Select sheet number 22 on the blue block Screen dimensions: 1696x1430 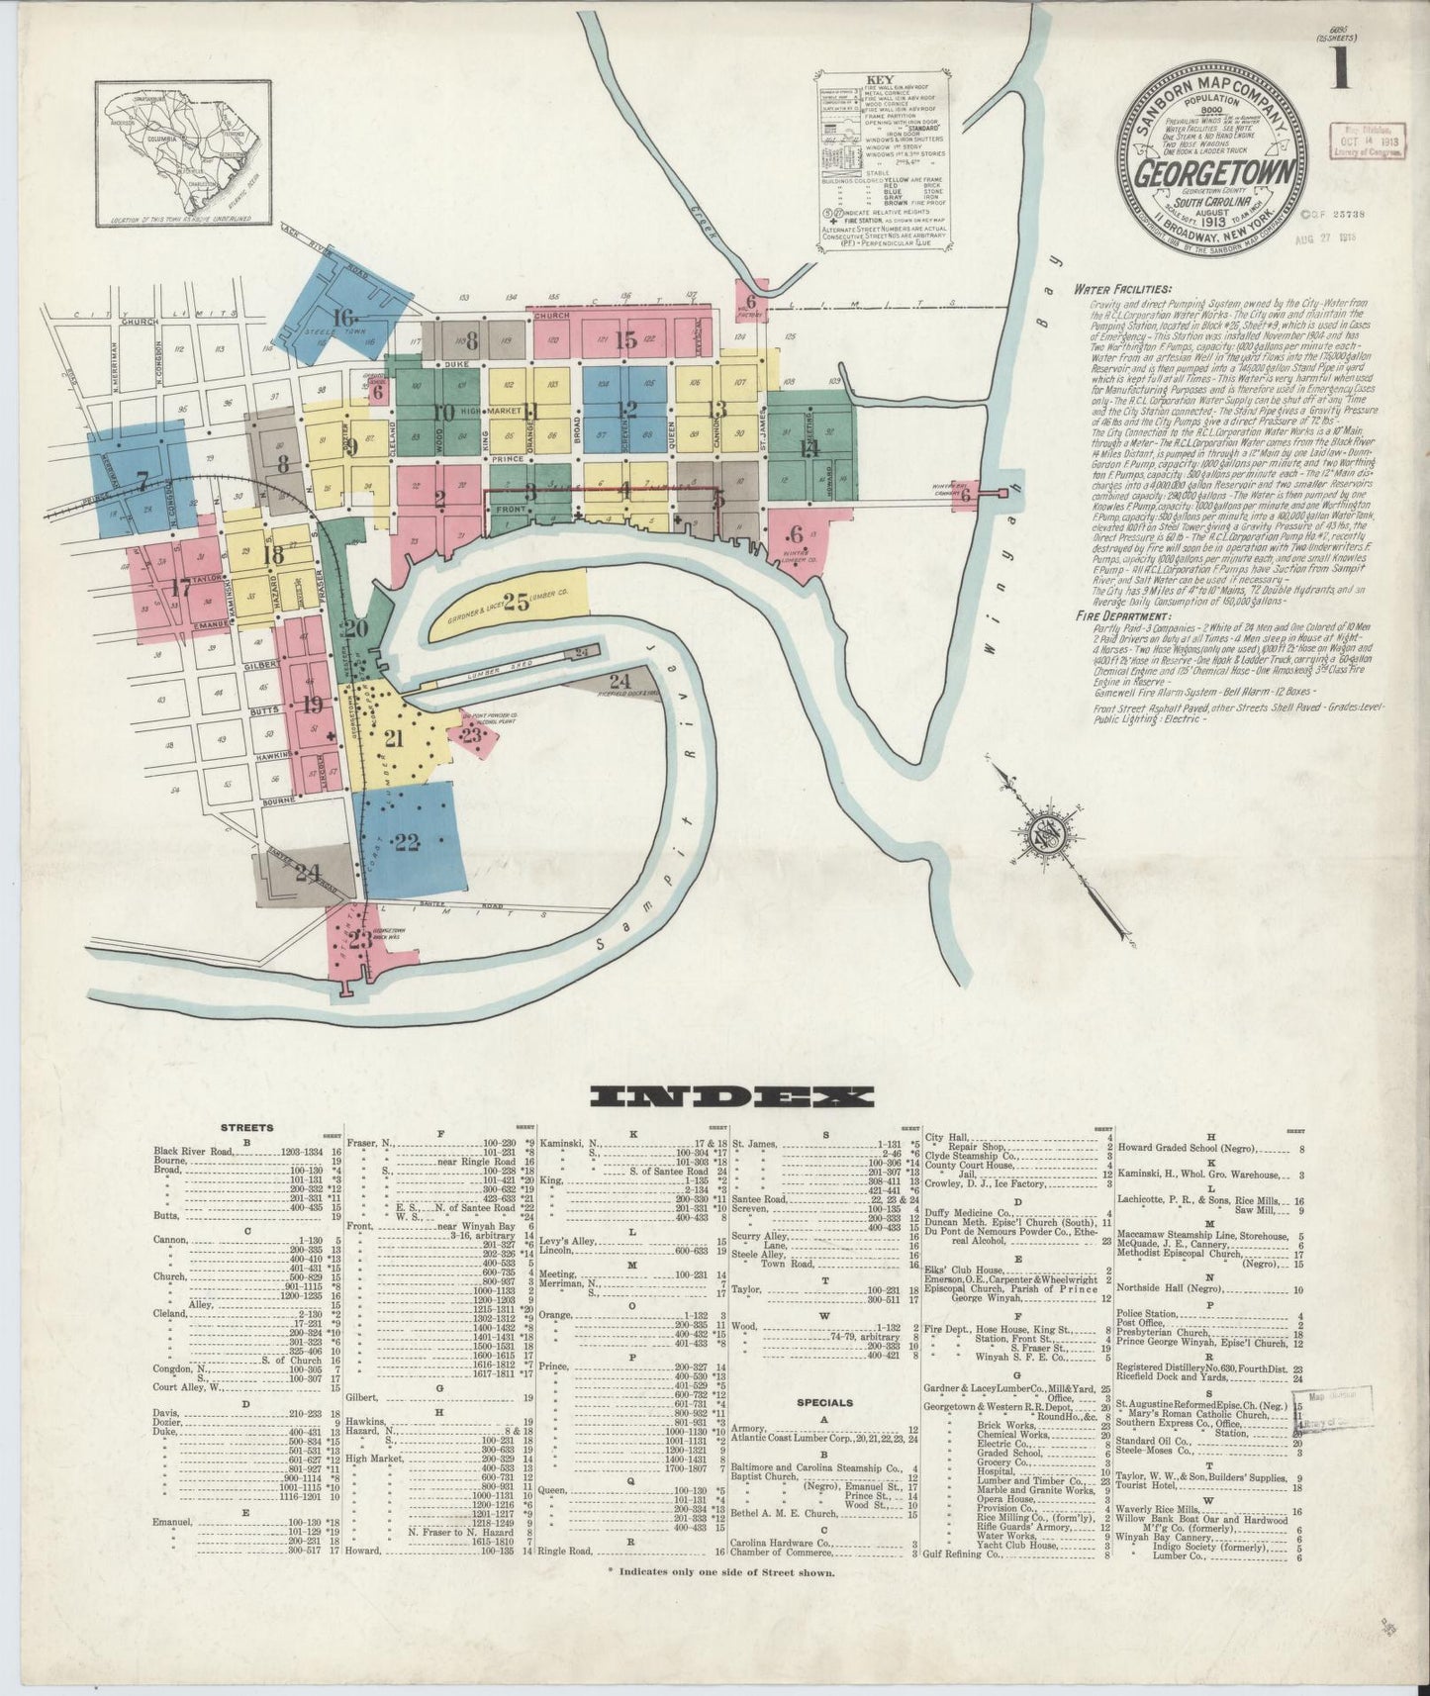pos(406,842)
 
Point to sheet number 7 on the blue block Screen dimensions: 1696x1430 pos(142,482)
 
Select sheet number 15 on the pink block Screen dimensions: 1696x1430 pos(623,340)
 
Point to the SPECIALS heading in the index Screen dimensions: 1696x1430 pos(826,1402)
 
